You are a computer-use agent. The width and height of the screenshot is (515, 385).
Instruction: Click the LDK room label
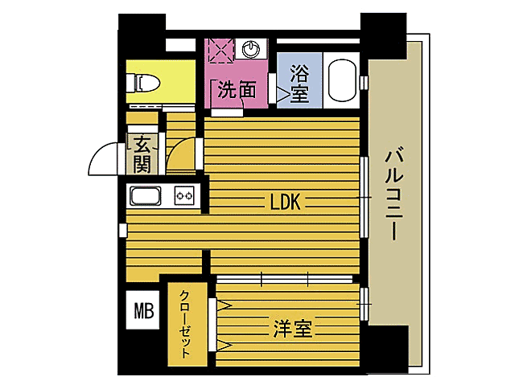pos(285,203)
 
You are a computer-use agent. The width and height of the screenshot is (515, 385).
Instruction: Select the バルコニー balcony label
pos(393,193)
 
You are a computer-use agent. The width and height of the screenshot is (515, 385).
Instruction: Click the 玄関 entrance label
pos(142,155)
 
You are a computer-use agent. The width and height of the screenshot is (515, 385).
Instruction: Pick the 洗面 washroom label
pos(236,90)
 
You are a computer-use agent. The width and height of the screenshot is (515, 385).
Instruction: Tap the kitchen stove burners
pos(185,195)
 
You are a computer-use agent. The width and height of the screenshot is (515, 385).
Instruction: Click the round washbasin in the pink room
pos(252,48)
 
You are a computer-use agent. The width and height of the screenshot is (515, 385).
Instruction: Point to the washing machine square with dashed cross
pos(219,49)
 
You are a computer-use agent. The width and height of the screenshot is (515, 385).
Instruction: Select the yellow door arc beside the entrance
pos(182,155)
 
